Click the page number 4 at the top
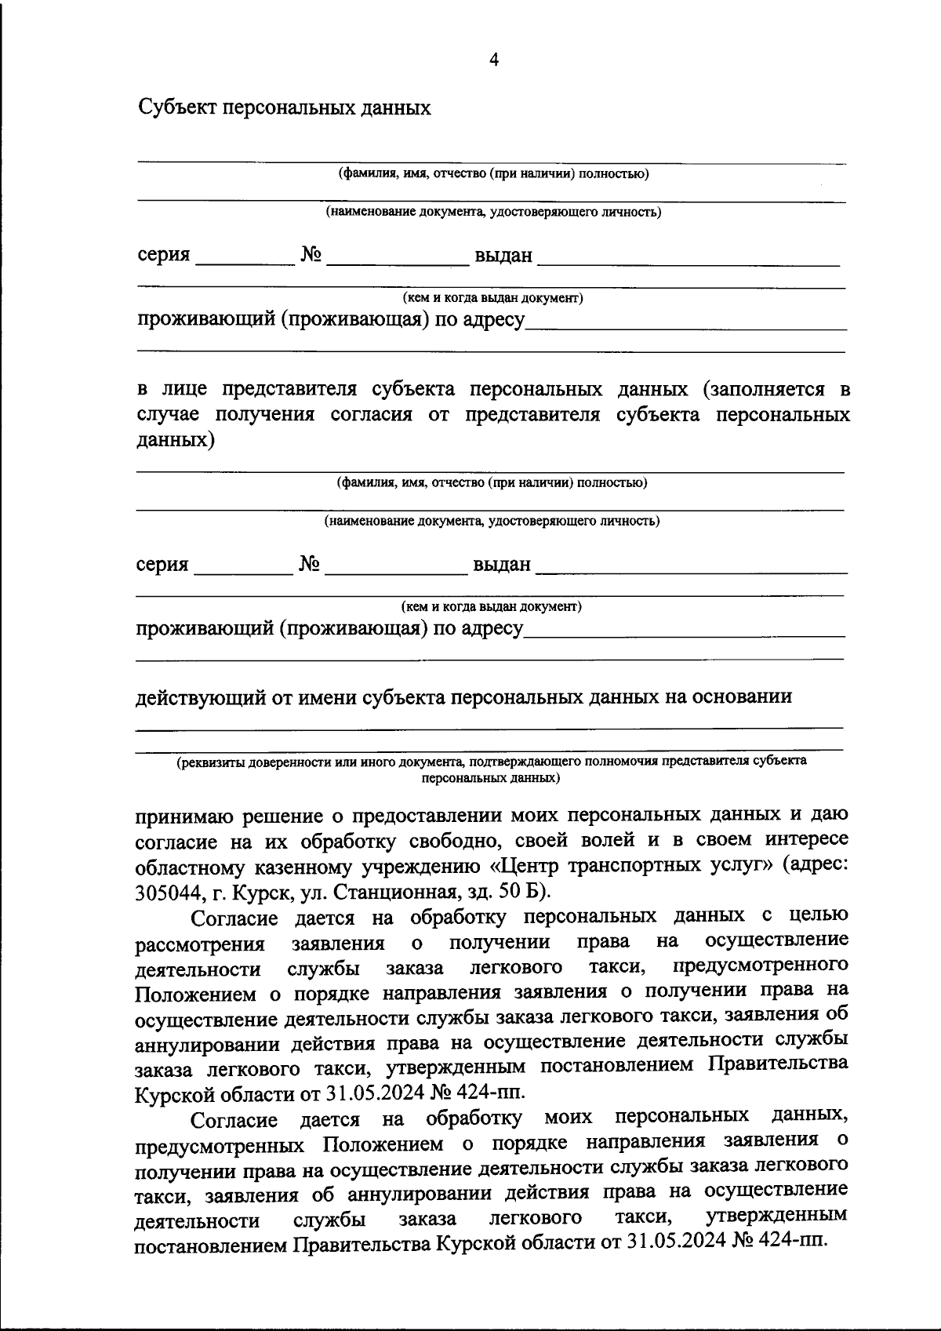tap(493, 60)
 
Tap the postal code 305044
tap(167, 892)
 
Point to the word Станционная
tap(401, 892)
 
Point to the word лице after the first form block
tap(182, 390)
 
